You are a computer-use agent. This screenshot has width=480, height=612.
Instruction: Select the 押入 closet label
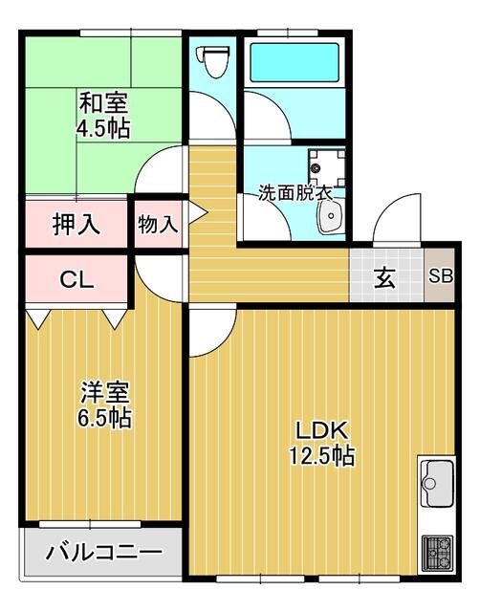(76, 226)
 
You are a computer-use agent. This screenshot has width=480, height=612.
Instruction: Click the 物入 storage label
(157, 226)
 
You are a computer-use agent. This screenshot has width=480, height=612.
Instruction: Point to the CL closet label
(76, 280)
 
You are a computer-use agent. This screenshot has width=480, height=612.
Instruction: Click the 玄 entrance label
(384, 279)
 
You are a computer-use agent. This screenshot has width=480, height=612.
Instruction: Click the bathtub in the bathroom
(294, 64)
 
